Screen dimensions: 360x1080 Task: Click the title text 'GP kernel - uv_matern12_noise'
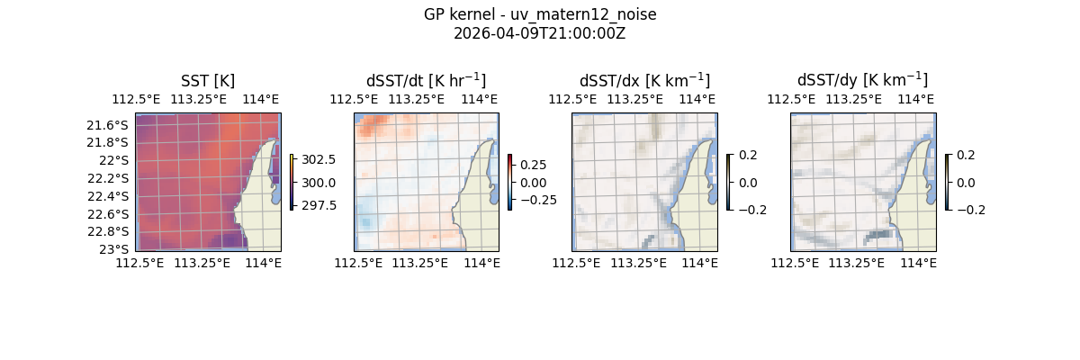pos(540,15)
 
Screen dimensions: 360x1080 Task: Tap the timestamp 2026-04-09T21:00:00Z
pos(540,33)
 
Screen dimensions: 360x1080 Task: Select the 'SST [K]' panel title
pos(208,81)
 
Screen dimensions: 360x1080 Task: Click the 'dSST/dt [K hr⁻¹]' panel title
pos(426,81)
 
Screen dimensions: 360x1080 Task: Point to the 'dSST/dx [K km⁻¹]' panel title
pos(644,81)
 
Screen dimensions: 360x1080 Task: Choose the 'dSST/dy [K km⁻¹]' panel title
pos(862,81)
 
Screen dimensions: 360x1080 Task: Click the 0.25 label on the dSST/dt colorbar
pos(532,165)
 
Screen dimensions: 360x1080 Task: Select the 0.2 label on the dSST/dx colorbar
pos(748,155)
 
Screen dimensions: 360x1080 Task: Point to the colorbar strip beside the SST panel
pos(292,182)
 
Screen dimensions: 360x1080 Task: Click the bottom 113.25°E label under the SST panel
pos(202,263)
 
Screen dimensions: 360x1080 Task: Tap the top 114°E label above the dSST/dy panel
pos(915,99)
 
